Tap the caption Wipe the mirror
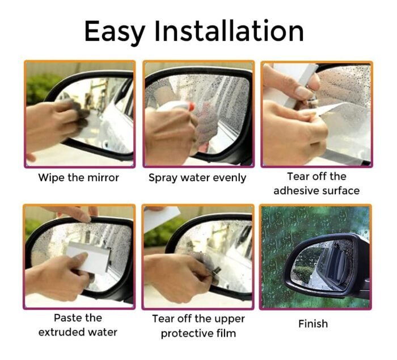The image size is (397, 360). click(x=79, y=178)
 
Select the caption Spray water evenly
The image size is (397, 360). click(x=197, y=178)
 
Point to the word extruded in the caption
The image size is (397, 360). click(x=61, y=332)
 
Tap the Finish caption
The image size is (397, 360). click(x=313, y=324)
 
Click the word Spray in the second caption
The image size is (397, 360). click(x=163, y=178)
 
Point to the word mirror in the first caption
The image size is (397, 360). click(x=102, y=178)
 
